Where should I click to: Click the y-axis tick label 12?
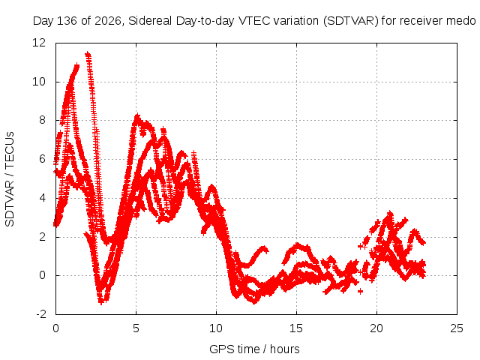pyautogui.click(x=39, y=43)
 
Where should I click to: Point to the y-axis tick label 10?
pyautogui.click(x=39, y=82)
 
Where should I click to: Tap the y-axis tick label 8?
pyautogui.click(x=42, y=120)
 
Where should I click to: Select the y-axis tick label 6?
pyautogui.click(x=42, y=159)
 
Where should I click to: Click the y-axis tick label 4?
pyautogui.click(x=42, y=198)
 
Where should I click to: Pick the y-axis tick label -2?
pyautogui.click(x=40, y=314)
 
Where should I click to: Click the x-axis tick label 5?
pyautogui.click(x=136, y=328)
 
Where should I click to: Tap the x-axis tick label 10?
pyautogui.click(x=216, y=328)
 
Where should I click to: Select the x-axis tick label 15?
pyautogui.click(x=296, y=328)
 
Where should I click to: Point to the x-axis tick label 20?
pyautogui.click(x=376, y=328)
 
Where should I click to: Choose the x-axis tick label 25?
pyautogui.click(x=457, y=328)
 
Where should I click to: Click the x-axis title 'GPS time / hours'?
pyautogui.click(x=254, y=349)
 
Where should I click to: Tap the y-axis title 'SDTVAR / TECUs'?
pyautogui.click(x=10, y=179)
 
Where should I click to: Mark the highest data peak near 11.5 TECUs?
pyautogui.click(x=88, y=55)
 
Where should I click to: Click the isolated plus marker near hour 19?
pyautogui.click(x=360, y=291)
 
